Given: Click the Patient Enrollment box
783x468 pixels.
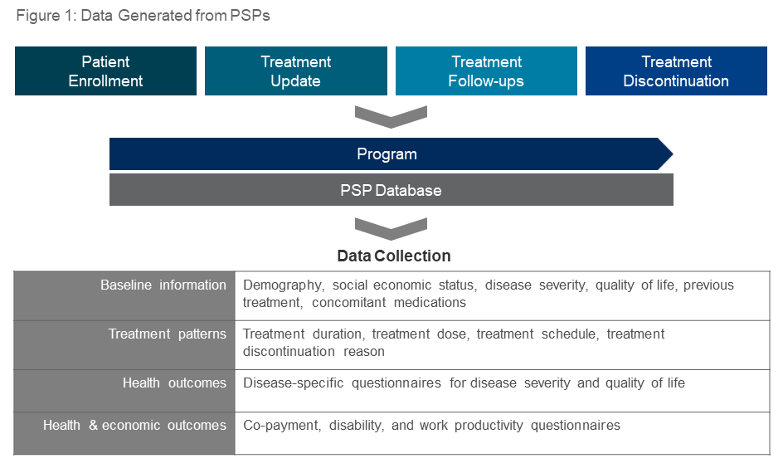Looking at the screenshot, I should click(105, 71).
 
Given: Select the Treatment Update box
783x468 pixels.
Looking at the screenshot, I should click(295, 71).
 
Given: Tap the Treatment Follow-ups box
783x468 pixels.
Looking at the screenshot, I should click(486, 71).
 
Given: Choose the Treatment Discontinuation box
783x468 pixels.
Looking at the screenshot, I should click(676, 71).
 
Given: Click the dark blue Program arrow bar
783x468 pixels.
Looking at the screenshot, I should click(387, 154).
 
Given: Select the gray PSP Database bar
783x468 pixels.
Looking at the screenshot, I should click(391, 190).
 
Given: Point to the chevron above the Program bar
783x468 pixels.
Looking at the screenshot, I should click(391, 117).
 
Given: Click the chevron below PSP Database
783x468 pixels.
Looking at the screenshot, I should click(391, 228).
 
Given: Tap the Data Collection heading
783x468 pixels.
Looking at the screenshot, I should click(394, 256).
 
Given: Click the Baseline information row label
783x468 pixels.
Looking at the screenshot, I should click(163, 285).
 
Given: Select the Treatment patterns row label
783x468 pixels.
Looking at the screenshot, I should click(167, 334).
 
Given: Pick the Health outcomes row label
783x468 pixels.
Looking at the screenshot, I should click(174, 383).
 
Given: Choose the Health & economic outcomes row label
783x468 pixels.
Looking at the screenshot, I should click(134, 426).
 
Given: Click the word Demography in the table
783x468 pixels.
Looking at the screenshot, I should click(282, 285).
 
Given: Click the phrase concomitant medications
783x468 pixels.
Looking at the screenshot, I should click(389, 303).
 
